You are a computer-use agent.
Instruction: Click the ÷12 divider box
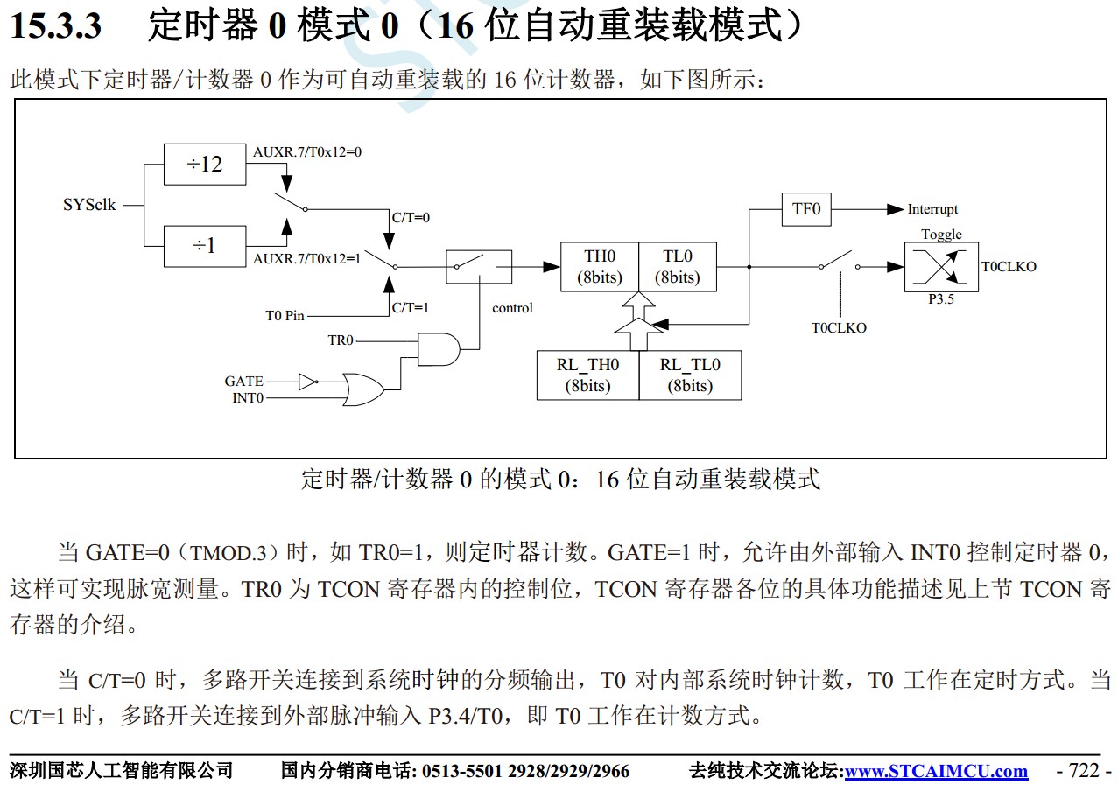click(x=205, y=164)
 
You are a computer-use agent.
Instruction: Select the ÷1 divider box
click(x=205, y=246)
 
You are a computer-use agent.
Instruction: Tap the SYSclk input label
click(x=89, y=206)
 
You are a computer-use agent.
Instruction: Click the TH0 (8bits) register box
click(x=600, y=267)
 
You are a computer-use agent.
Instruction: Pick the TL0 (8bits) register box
click(x=678, y=267)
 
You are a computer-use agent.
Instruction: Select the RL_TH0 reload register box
click(x=587, y=375)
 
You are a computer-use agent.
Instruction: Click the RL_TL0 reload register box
click(x=690, y=375)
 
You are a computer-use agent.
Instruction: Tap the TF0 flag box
click(x=805, y=209)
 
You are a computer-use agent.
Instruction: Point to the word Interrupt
click(x=932, y=209)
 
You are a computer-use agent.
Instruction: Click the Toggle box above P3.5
click(x=941, y=267)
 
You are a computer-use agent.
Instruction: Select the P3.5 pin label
click(x=941, y=299)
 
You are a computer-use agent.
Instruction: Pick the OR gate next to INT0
click(x=362, y=389)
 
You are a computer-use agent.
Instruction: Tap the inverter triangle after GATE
click(x=307, y=381)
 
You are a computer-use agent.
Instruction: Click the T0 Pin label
click(x=285, y=315)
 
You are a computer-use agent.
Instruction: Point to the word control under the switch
click(x=512, y=308)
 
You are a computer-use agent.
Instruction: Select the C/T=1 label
click(x=410, y=307)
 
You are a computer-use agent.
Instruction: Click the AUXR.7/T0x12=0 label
click(x=307, y=151)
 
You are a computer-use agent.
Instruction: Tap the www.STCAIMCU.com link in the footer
click(x=936, y=771)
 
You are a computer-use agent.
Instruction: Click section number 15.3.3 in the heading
click(x=55, y=26)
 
